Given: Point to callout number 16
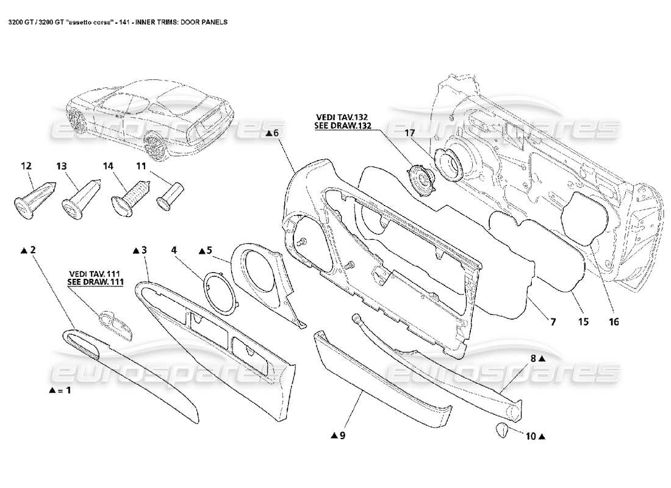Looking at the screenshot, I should [x=614, y=321].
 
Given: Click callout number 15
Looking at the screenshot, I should [x=584, y=321].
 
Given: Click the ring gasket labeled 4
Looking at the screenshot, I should [x=220, y=292].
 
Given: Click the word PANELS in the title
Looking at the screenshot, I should [x=215, y=21].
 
